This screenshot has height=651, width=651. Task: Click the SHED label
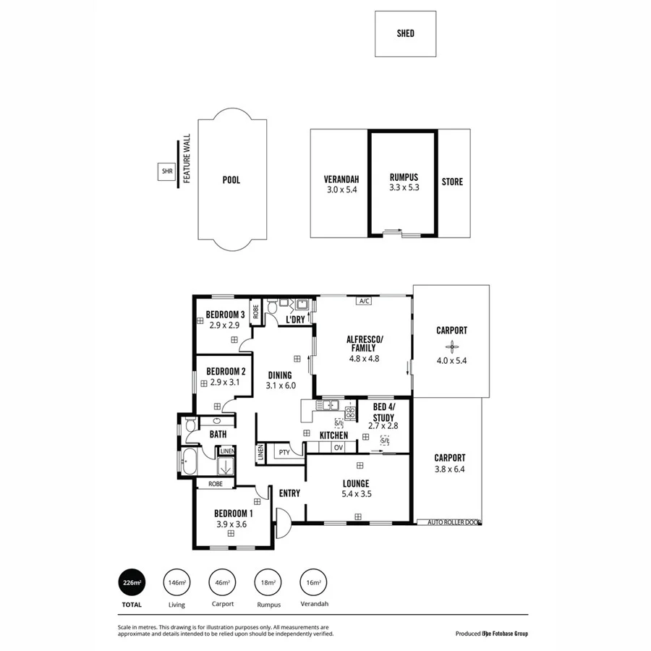(x=405, y=33)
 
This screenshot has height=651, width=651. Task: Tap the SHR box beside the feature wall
(x=166, y=171)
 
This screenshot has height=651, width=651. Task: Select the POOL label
(x=231, y=180)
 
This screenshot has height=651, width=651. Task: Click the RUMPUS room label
(x=404, y=177)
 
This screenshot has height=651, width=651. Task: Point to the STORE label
(x=452, y=182)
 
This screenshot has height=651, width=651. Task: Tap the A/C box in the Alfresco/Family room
(x=363, y=302)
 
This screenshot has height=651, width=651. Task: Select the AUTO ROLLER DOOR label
(x=454, y=522)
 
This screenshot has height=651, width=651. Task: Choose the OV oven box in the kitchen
(x=338, y=448)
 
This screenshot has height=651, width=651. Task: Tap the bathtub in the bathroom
(x=190, y=461)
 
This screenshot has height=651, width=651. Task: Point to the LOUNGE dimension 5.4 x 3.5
(x=356, y=494)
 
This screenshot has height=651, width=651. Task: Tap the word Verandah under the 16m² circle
(x=313, y=604)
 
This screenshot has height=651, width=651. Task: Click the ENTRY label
(x=289, y=493)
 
